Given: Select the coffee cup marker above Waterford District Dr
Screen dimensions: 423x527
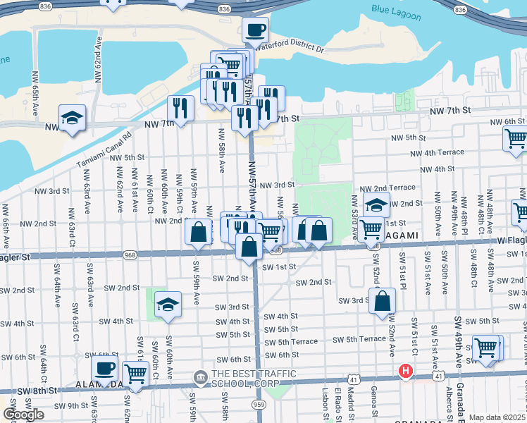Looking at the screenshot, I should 256,30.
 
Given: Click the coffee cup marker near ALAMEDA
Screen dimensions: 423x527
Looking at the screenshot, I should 104,369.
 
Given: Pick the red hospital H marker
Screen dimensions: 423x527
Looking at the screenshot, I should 406,370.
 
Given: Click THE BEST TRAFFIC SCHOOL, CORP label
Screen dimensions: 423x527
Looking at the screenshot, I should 252,374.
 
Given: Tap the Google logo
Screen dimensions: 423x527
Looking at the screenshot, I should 24,415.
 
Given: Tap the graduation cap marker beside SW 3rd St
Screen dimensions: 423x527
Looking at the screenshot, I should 168,305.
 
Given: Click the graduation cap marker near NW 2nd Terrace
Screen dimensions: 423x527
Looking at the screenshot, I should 377,204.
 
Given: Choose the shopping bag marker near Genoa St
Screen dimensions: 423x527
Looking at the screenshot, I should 381,301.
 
